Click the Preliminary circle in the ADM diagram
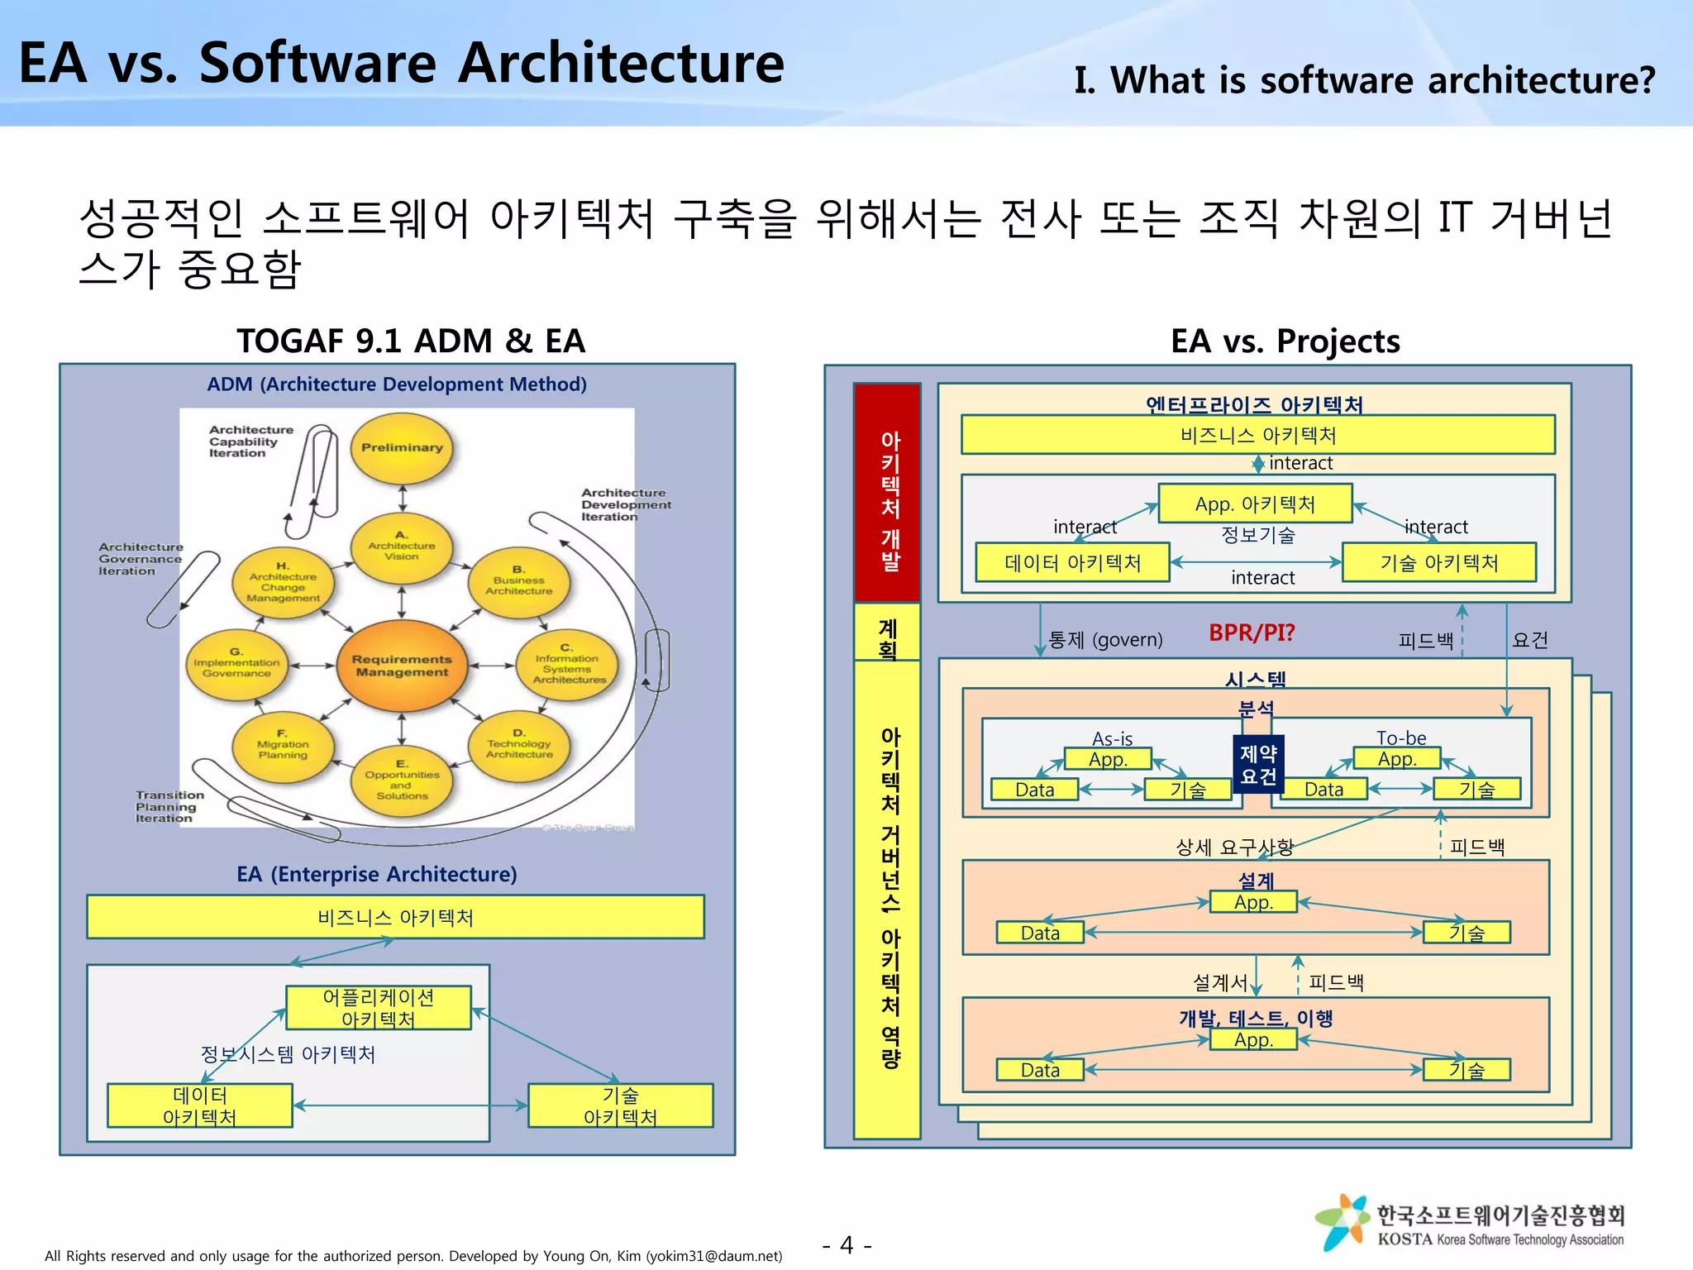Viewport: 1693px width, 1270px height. [x=402, y=447]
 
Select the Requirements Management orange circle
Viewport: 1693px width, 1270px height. [x=402, y=666]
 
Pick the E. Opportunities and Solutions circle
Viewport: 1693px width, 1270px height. [x=402, y=780]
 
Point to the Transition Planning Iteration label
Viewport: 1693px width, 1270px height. [x=169, y=806]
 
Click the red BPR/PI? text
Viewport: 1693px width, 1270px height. [x=1252, y=633]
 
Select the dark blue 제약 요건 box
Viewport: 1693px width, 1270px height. [x=1258, y=764]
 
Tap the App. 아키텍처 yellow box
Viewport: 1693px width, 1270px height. [x=1255, y=504]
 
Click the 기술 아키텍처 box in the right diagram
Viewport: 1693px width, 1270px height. [x=1438, y=563]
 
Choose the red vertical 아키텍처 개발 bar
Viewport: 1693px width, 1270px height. [x=888, y=493]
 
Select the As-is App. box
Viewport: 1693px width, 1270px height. [x=1108, y=759]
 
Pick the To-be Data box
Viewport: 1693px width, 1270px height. [x=1323, y=790]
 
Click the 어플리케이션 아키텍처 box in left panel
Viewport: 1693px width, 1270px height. [x=379, y=1008]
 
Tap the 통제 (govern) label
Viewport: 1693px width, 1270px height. [x=1105, y=640]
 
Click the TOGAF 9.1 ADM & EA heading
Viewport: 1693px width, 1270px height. [x=411, y=341]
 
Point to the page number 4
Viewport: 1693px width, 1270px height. [x=846, y=1245]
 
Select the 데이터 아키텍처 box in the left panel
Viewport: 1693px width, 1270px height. [x=199, y=1106]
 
